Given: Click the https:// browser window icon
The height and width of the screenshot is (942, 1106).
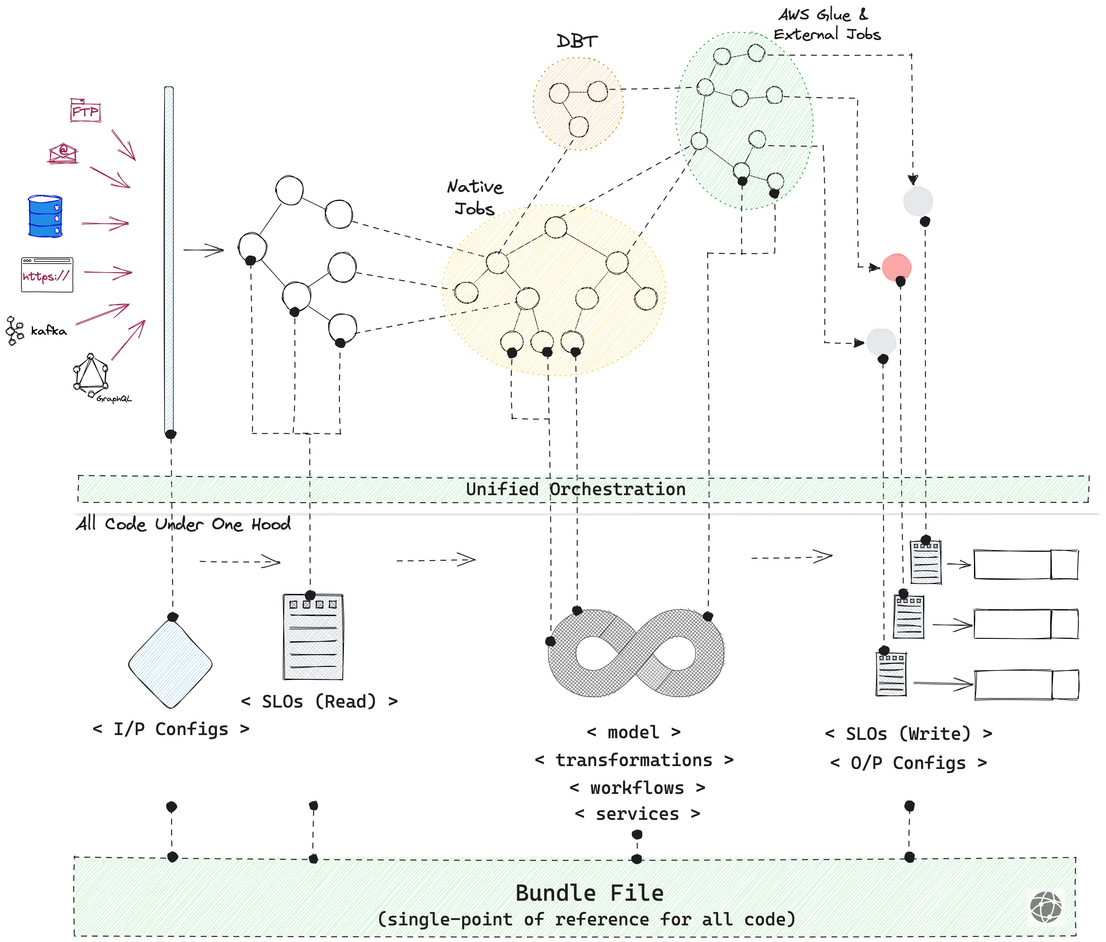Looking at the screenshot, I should (47, 275).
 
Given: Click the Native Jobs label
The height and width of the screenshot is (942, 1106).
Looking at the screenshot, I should (475, 197).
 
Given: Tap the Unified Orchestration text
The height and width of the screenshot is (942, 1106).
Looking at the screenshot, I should (575, 489).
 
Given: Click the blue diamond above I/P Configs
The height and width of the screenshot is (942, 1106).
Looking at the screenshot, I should (170, 664).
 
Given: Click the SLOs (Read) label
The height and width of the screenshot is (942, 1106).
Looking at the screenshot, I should (319, 701).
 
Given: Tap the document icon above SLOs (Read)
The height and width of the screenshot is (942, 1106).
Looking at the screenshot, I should (313, 637).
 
